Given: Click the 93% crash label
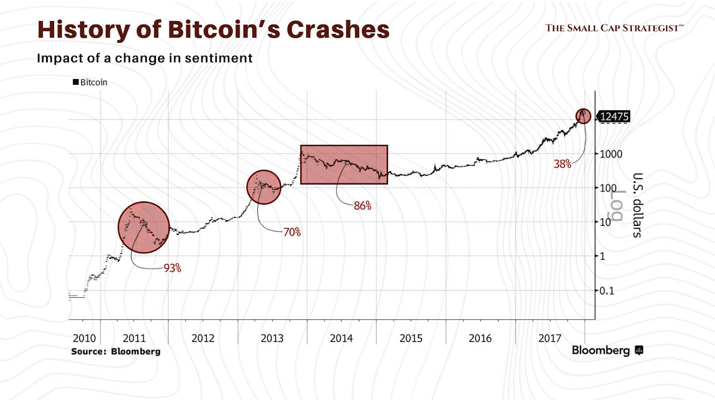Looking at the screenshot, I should click(x=172, y=268).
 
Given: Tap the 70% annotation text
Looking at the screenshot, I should click(x=292, y=232).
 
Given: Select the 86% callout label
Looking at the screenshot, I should click(x=362, y=206).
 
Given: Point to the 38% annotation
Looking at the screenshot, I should click(x=562, y=164).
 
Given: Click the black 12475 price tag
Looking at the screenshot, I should click(x=614, y=117).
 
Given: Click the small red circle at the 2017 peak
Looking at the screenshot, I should click(x=583, y=116).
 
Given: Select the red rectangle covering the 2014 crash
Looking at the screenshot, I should click(x=344, y=165).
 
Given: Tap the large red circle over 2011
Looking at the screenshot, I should click(x=144, y=228).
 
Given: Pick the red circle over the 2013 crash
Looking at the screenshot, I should click(x=264, y=187).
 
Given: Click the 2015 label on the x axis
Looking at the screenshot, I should click(x=411, y=338).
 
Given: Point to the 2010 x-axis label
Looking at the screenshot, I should click(x=84, y=338).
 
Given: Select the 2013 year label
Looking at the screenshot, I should click(x=272, y=338).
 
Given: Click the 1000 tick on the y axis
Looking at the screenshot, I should click(x=610, y=154).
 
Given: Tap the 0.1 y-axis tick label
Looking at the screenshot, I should click(x=606, y=291).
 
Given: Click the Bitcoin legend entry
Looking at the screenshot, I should click(x=90, y=82).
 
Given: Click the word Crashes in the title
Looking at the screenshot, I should click(x=338, y=29).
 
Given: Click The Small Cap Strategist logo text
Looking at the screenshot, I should click(x=614, y=28).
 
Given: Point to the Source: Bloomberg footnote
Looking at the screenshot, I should click(x=115, y=351).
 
